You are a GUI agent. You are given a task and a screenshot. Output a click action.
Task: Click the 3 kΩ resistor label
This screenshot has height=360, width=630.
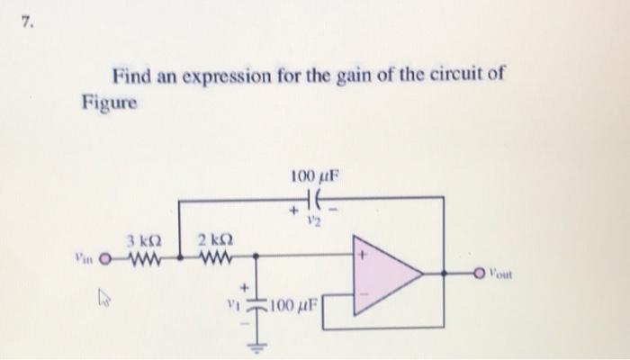coord(144,240)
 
